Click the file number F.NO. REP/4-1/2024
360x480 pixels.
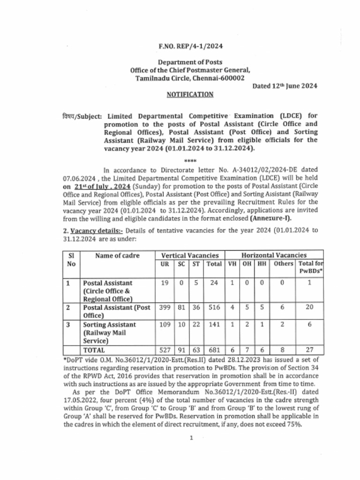coord(190,46)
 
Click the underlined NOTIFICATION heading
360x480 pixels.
coord(190,95)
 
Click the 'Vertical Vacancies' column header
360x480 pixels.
coord(190,255)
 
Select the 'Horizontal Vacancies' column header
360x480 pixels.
coord(274,255)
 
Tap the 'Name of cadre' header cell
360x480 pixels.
coord(118,255)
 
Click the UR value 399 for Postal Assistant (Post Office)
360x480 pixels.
coord(165,308)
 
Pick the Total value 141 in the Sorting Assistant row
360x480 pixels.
coord(214,324)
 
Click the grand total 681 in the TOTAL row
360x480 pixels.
coord(214,350)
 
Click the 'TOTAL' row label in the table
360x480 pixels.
coord(94,350)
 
